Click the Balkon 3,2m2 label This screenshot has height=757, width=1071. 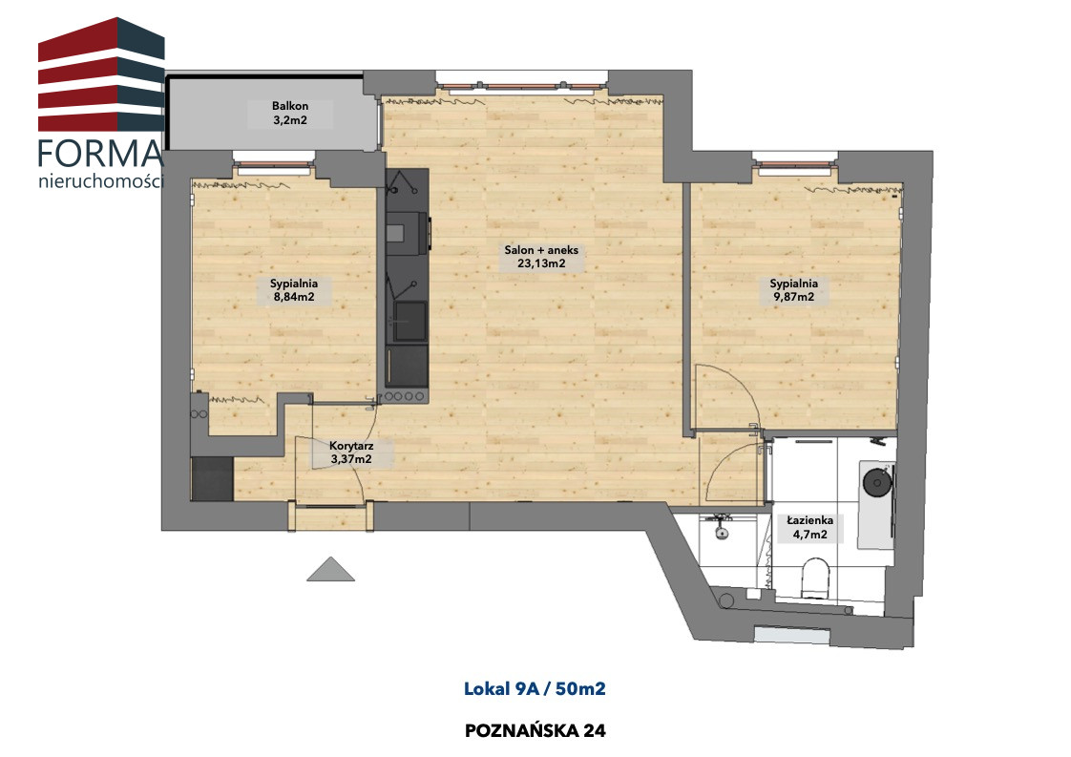coord(289,114)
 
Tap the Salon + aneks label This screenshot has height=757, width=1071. coord(541,250)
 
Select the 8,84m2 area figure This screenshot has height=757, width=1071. coord(294,297)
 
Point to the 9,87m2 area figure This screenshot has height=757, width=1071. coord(793,297)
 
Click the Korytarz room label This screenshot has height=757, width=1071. coord(351,446)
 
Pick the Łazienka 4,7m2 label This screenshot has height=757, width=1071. coord(809,528)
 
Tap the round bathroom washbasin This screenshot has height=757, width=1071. coord(877,482)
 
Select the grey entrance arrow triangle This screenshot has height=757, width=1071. coord(330,569)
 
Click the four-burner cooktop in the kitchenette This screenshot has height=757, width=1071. coord(406,395)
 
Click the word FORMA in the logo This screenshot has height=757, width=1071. coord(100,154)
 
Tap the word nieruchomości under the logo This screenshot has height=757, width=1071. coord(101,181)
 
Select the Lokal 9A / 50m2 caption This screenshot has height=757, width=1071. coord(535,688)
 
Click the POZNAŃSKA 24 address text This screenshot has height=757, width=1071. coord(535,730)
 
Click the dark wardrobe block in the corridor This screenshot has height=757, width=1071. coord(213,478)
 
